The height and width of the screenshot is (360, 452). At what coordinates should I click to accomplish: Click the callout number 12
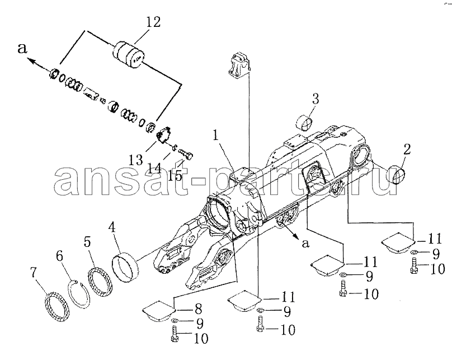[x=153, y=22]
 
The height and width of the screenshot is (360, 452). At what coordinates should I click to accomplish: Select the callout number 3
[x=316, y=99]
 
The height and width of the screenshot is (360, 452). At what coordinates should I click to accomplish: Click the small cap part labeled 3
[x=304, y=123]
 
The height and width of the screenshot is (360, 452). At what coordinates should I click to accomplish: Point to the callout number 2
[x=407, y=149]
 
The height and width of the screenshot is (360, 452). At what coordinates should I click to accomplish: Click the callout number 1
[x=216, y=136]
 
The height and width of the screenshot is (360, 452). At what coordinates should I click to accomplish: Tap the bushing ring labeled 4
[x=125, y=267]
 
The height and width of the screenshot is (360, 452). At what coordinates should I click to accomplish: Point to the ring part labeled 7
[x=58, y=307]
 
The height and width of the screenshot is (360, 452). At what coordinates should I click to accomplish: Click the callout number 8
[x=198, y=310]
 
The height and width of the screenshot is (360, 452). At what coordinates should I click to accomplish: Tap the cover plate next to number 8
[x=159, y=311]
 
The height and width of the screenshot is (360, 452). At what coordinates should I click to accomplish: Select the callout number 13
[x=136, y=160]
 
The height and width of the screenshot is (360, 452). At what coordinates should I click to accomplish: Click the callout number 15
[x=175, y=175]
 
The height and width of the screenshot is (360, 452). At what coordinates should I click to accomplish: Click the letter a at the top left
[x=22, y=49]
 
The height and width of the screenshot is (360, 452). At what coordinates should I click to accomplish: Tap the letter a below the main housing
[x=305, y=244]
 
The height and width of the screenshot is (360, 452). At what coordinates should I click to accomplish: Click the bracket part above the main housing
[x=239, y=65]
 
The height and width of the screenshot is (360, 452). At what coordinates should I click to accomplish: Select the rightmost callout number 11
[x=435, y=239]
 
